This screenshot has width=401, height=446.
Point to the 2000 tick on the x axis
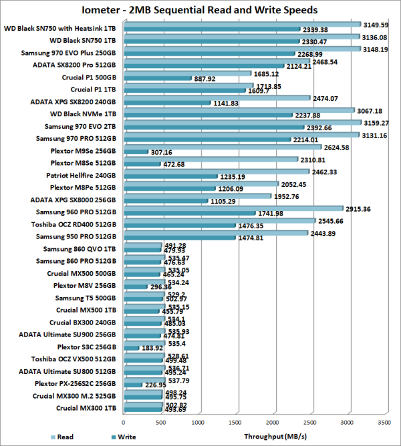(x=273, y=422)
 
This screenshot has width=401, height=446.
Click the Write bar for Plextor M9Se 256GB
(x=135, y=152)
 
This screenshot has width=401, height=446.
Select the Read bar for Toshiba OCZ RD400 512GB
(x=219, y=220)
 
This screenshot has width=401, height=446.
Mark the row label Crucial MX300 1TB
(x=87, y=408)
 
